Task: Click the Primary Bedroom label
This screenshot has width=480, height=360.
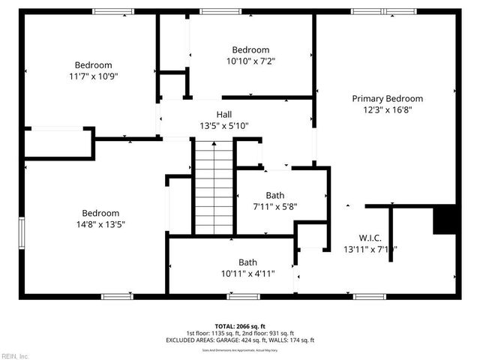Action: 387,98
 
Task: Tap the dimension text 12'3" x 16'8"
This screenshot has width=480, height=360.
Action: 387,109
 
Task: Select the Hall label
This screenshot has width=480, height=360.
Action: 223,114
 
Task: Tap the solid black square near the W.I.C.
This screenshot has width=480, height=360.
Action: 446,220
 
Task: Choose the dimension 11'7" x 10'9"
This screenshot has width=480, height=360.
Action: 93,76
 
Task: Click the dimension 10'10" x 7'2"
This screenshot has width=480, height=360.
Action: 250,61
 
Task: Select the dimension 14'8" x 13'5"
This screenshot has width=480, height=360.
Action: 100,223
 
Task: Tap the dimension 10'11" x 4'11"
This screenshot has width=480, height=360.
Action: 247,274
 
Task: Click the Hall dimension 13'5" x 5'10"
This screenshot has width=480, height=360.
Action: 223,126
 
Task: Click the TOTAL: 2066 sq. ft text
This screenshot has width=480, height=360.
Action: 240,326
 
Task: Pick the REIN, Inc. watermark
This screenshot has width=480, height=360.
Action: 15,355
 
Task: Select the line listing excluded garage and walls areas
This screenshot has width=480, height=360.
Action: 240,340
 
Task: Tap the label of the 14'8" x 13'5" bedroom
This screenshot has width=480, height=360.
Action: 100,212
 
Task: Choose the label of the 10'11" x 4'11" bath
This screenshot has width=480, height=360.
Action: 247,262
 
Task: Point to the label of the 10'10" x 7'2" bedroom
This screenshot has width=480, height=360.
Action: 250,50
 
